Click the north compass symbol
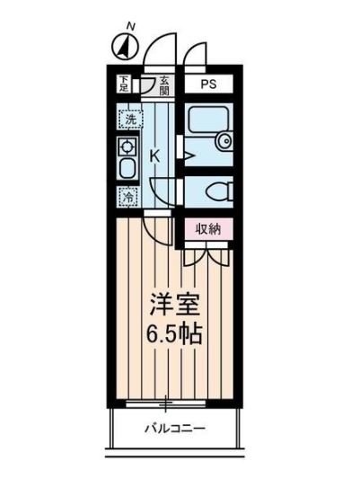[x=125, y=48]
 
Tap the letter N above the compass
[x=130, y=27]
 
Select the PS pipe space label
[x=209, y=84]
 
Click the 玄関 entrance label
[x=164, y=86]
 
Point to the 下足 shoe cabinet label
[x=124, y=84]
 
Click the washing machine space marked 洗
[x=131, y=120]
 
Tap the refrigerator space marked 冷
[x=128, y=197]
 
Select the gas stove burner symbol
[x=127, y=147]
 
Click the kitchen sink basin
[x=127, y=169]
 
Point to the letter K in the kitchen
[x=155, y=156]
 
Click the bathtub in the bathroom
[x=208, y=121]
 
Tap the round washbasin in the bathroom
[x=224, y=141]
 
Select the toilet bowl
[x=218, y=192]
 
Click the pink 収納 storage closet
[x=208, y=229]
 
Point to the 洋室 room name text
[x=175, y=305]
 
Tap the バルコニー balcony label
[x=175, y=429]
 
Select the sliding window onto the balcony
[x=165, y=404]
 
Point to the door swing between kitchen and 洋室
[x=157, y=230]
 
